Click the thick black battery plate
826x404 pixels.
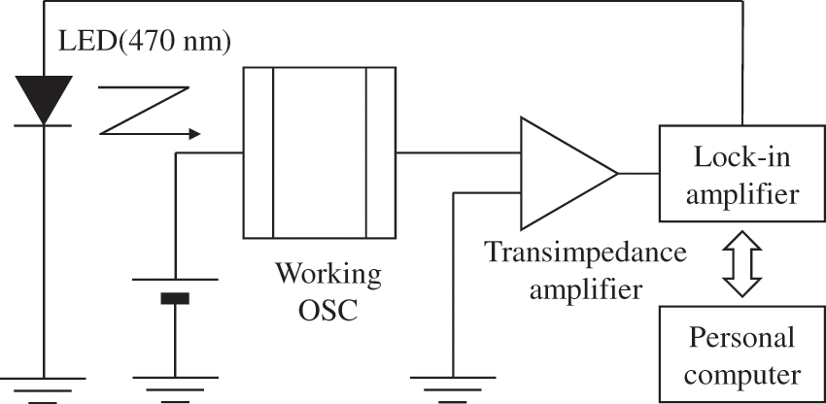coord(175,298)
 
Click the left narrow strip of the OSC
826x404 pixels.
coord(258,152)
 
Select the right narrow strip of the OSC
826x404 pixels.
coord(380,152)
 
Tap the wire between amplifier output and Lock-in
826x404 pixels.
coord(638,173)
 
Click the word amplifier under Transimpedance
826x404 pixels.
coord(585,288)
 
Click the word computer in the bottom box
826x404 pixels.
coord(742,373)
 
